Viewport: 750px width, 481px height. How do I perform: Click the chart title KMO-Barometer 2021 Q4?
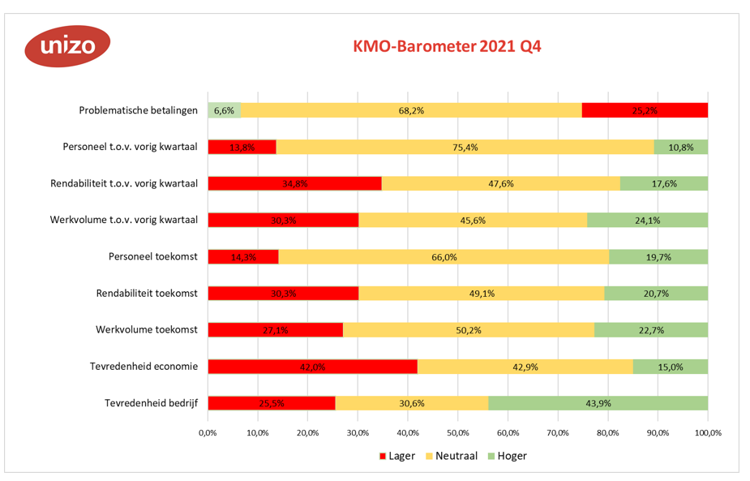[447, 46]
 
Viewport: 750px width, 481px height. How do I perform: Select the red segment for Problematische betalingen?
[645, 110]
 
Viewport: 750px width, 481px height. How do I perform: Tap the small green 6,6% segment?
[225, 110]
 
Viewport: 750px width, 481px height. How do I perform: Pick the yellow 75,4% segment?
[465, 147]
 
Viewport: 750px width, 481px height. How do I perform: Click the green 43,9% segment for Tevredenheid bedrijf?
[598, 403]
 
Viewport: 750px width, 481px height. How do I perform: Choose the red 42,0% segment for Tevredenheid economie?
[313, 367]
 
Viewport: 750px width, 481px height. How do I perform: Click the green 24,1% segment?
[647, 220]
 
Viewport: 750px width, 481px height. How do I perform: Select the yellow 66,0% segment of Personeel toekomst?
[444, 256]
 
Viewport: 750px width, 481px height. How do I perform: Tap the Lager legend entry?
[396, 456]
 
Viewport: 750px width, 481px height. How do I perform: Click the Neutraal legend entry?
[452, 456]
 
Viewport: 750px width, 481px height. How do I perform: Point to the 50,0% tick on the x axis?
[458, 433]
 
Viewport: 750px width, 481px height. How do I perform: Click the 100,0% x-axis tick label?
[707, 433]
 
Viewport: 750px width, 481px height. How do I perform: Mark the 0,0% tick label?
[208, 433]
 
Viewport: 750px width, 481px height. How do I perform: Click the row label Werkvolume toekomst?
[144, 330]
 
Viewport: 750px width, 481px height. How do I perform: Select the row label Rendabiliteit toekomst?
[147, 294]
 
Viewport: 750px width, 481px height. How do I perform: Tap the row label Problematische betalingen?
[138, 110]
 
